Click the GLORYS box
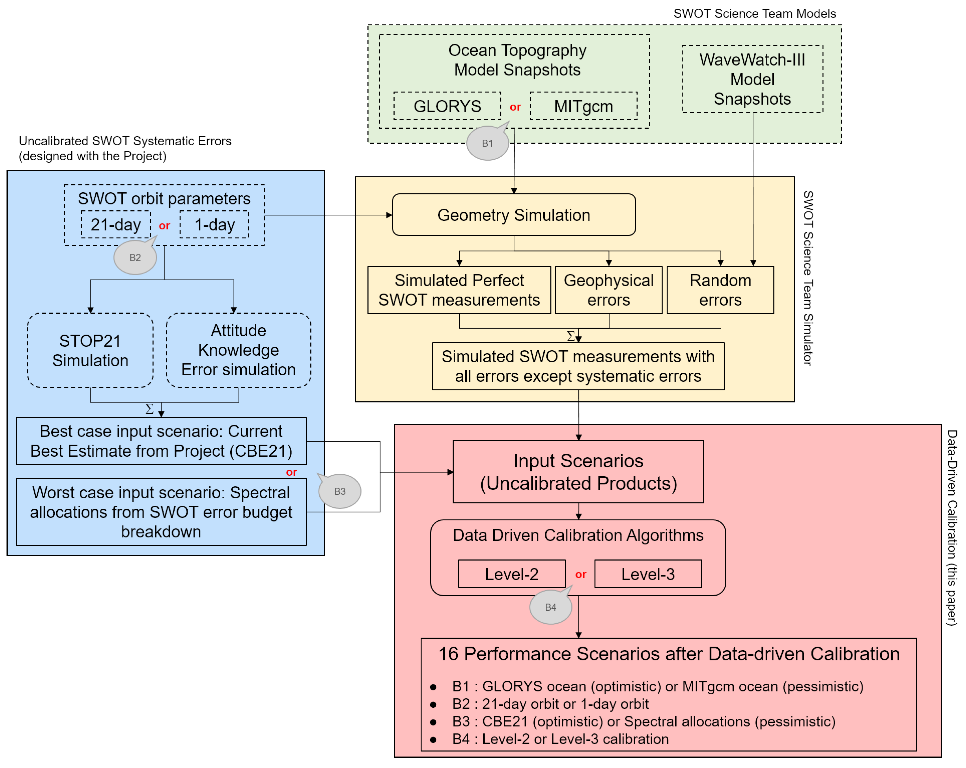coord(447,106)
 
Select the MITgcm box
coord(583,106)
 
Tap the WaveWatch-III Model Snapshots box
coord(752,79)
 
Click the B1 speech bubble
coord(487,143)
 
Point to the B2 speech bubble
coord(135,258)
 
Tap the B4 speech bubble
coord(551,607)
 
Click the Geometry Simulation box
coord(514,215)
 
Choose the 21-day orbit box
coord(116,224)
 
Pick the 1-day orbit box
coord(214,224)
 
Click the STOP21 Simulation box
coord(90,350)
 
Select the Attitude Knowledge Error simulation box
coord(238,350)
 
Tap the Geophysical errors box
coord(608,290)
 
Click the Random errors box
coord(720,290)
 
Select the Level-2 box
coord(512,574)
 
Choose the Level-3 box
coord(648,574)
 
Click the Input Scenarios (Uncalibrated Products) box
coord(578,472)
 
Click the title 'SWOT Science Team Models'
coord(755,13)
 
